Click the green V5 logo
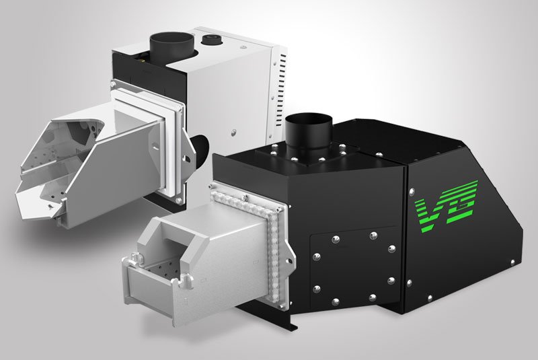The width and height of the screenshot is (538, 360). tap(446, 205)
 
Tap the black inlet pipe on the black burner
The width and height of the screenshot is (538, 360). tap(309, 135)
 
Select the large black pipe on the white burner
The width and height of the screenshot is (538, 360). tap(172, 47)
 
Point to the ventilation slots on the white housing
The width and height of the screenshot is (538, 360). tap(282, 81)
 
